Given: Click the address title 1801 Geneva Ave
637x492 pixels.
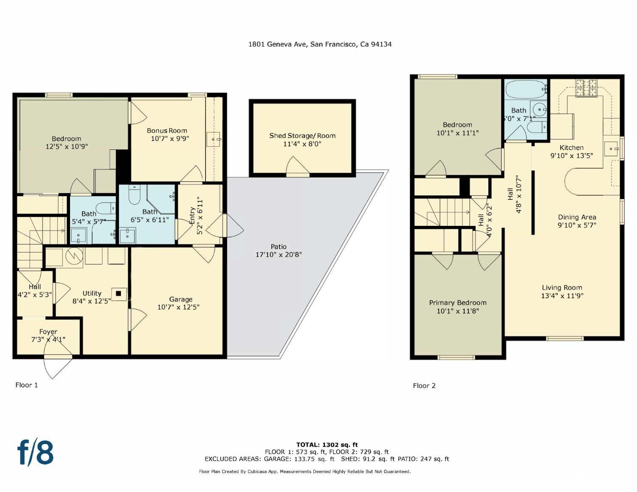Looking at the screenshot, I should point(320,44).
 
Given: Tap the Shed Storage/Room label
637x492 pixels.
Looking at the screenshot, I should point(302,136).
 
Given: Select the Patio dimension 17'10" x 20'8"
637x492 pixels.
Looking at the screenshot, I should point(279,255).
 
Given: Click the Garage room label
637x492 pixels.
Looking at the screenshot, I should point(180,299).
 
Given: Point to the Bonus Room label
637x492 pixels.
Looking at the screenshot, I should point(167,131).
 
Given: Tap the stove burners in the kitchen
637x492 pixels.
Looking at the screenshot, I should point(586,88).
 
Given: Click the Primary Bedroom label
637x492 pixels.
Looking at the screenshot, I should point(457,303).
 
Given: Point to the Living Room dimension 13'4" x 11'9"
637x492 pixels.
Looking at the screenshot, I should point(562,296).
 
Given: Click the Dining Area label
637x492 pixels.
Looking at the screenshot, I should point(577,217).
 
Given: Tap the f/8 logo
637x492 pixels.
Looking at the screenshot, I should point(36,453).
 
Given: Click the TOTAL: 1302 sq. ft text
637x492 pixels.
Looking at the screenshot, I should point(327,445).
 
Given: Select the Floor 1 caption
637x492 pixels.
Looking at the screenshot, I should point(27,385).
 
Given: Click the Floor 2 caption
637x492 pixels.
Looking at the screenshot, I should point(424,385).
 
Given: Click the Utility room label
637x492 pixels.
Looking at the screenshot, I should point(92,293).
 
